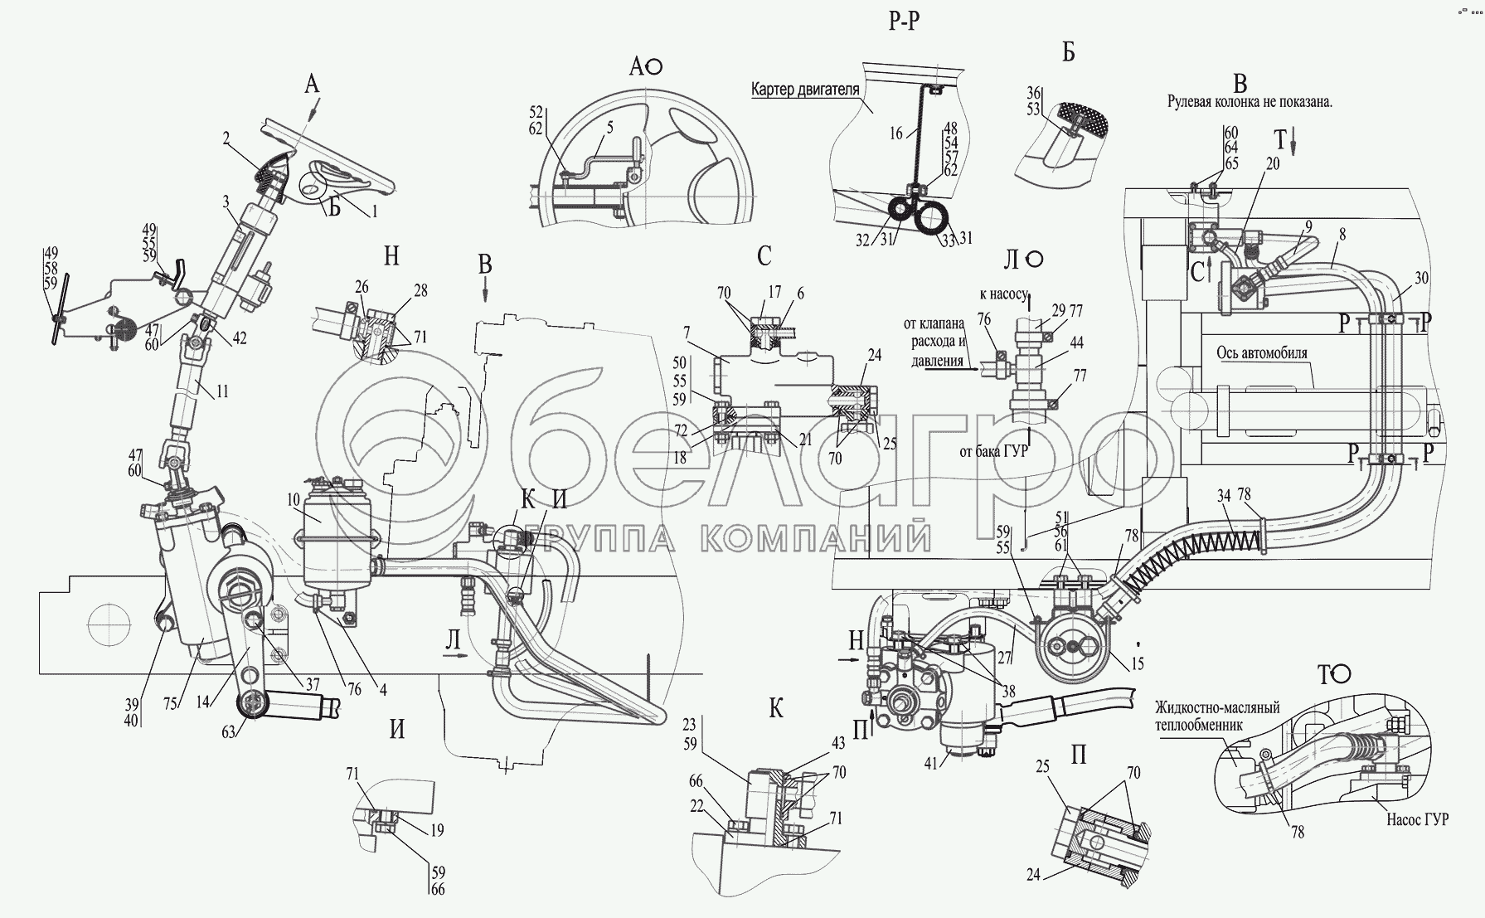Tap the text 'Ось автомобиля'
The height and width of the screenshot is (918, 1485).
pos(1262,352)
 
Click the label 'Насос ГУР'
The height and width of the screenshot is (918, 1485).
pos(1416,819)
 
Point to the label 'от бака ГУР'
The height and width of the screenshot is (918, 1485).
pos(993,452)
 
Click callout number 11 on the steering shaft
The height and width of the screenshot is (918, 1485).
pos(222,392)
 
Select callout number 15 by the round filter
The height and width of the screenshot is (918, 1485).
pos(1138,663)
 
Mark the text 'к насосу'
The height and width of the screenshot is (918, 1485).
pos(1003,294)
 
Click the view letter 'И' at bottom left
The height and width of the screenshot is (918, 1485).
pos(398,729)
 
